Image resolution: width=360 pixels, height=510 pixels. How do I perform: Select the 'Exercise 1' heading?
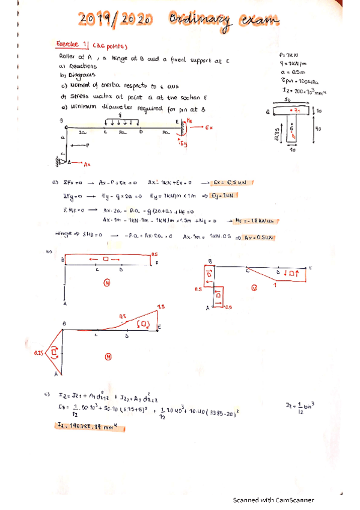tap(72, 44)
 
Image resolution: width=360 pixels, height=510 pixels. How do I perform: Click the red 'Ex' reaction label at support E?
tap(209, 128)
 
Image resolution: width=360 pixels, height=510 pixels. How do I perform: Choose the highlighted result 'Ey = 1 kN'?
tap(228, 195)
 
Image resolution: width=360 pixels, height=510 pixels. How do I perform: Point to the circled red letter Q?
tap(254, 287)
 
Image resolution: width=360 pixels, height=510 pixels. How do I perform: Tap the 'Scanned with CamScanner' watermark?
tap(273, 500)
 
